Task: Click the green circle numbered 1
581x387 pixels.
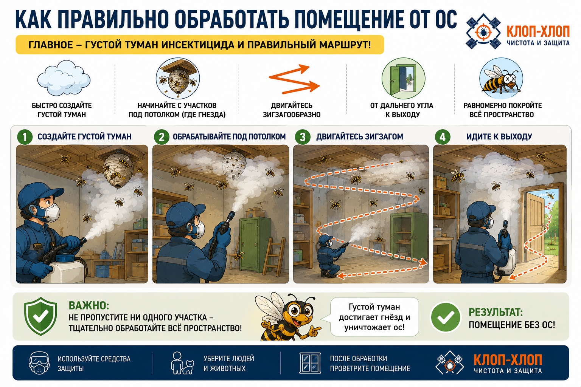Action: coord(25,137)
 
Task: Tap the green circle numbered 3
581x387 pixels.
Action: coord(303,137)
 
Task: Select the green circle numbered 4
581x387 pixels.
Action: coord(443,137)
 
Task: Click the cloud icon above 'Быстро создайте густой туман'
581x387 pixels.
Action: coord(64,78)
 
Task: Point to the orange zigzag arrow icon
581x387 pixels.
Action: coord(294,79)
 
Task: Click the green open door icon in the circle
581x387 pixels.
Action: coord(403,78)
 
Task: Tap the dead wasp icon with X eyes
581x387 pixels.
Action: coord(501,78)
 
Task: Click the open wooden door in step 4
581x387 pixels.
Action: coord(535,228)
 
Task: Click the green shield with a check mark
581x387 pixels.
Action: coord(40,316)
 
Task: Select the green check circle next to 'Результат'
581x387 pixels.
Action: coord(445,317)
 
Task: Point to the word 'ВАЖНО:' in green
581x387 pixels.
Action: coord(89,306)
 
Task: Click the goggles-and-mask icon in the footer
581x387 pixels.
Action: coord(39,363)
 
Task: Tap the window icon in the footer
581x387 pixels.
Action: coord(310,363)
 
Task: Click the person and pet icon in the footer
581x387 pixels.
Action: coord(182,363)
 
